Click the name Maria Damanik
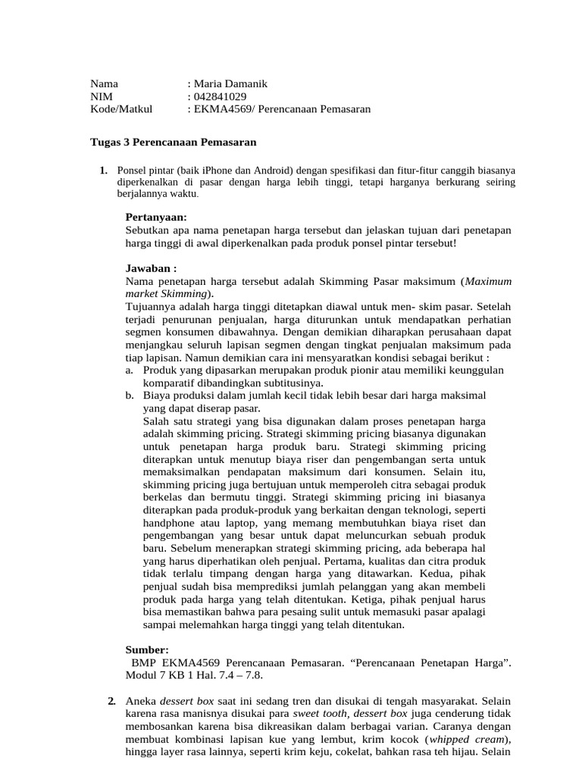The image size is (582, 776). click(x=230, y=83)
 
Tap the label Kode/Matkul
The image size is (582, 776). click(x=121, y=109)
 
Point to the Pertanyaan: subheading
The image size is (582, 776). click(x=155, y=217)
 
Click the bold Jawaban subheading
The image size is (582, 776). click(x=151, y=268)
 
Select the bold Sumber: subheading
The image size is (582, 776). click(x=147, y=649)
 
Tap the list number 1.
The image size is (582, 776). click(x=103, y=170)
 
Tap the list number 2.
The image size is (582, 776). click(x=112, y=700)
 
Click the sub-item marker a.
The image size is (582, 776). click(x=130, y=370)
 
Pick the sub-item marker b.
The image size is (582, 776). click(x=130, y=396)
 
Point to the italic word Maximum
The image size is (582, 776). click(x=489, y=280)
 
